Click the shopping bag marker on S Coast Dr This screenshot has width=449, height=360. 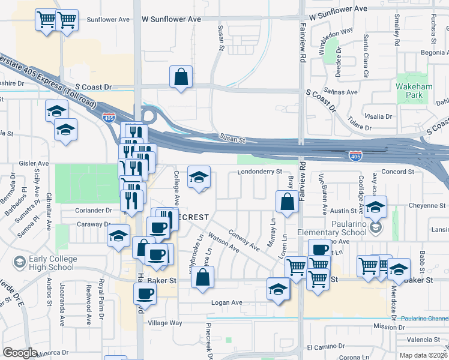181,77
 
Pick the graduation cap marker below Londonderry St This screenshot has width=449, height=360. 199,177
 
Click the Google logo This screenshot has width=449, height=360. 19,353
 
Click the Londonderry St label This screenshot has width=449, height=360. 260,171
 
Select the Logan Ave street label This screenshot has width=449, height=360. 226,303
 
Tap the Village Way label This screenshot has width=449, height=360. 166,323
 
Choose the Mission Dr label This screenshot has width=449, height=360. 389,327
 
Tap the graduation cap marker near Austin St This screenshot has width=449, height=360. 375,208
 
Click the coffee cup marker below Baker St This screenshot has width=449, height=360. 145,294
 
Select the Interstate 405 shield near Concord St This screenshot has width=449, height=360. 355,156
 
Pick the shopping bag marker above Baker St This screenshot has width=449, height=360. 203,278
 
